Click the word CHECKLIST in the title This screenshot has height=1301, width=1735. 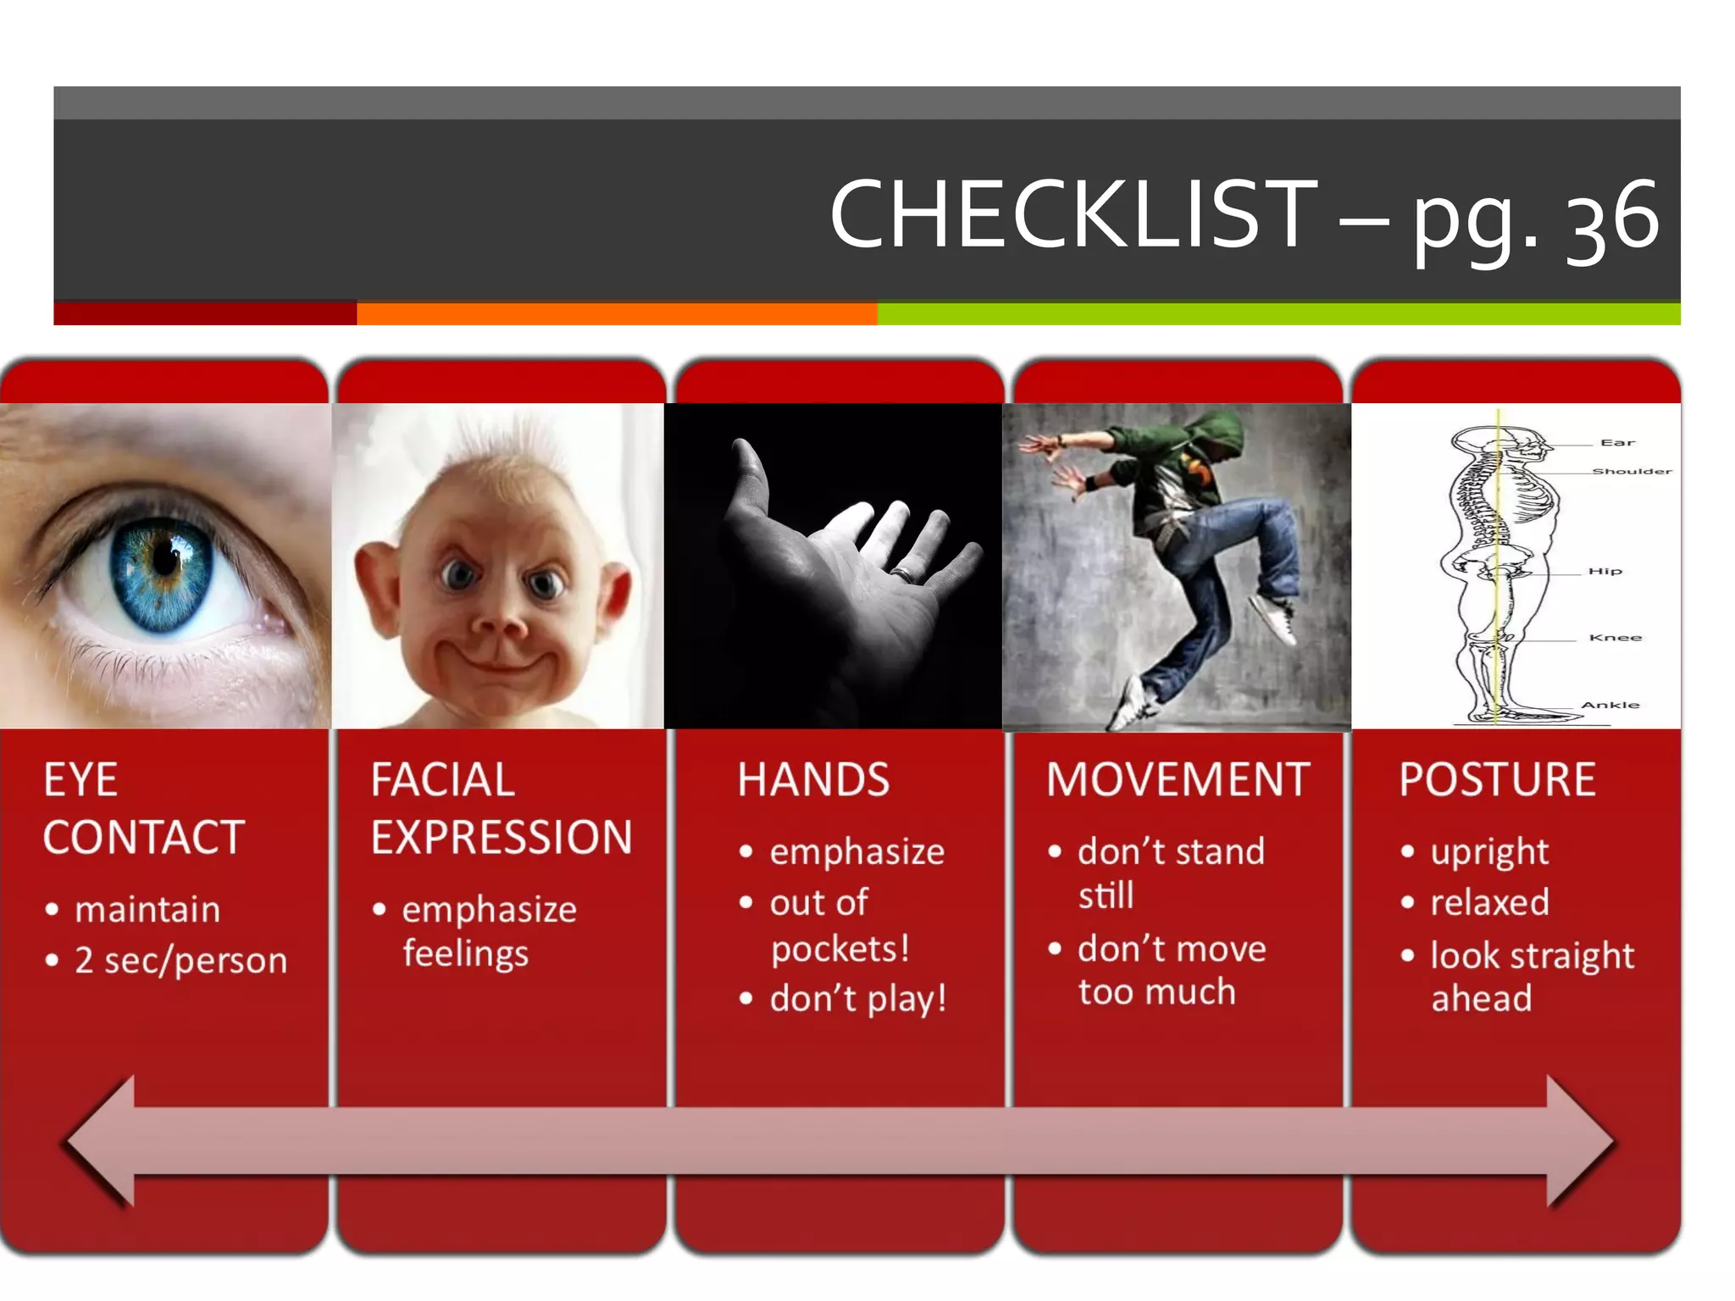[1073, 215]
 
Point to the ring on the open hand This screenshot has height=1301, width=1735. [904, 573]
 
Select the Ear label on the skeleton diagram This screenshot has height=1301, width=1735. [1616, 442]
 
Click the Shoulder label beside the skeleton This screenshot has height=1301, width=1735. [1632, 471]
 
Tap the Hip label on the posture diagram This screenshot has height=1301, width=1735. [1605, 571]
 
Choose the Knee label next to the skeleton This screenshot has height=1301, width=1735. [1615, 637]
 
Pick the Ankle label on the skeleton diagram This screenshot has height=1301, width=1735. [1610, 705]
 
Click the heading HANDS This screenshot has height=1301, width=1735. [813, 779]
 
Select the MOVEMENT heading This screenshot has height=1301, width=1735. [1178, 779]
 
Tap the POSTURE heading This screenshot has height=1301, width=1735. [1497, 779]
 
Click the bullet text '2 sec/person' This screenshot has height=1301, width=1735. [180, 961]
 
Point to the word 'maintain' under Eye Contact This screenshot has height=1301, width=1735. [147, 910]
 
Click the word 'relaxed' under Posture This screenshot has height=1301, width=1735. [1489, 903]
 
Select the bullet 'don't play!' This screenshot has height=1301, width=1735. [857, 999]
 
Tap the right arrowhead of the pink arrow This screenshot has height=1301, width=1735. [1579, 1141]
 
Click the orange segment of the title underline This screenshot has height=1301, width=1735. [617, 314]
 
